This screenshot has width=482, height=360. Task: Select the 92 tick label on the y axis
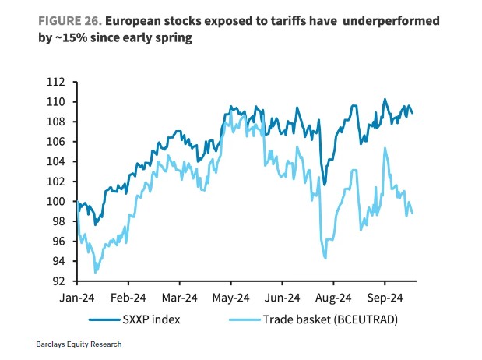(56, 281)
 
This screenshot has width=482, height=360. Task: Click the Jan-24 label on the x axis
(78, 298)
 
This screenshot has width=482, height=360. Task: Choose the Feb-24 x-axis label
(129, 298)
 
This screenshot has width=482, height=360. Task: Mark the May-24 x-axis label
(231, 298)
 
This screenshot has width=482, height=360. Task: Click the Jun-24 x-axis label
(282, 298)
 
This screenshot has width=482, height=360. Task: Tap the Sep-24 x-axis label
(384, 298)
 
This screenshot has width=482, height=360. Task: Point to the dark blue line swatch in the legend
(97, 319)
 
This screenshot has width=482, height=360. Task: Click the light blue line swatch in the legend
(241, 319)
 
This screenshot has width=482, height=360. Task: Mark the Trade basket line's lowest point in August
(325, 258)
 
